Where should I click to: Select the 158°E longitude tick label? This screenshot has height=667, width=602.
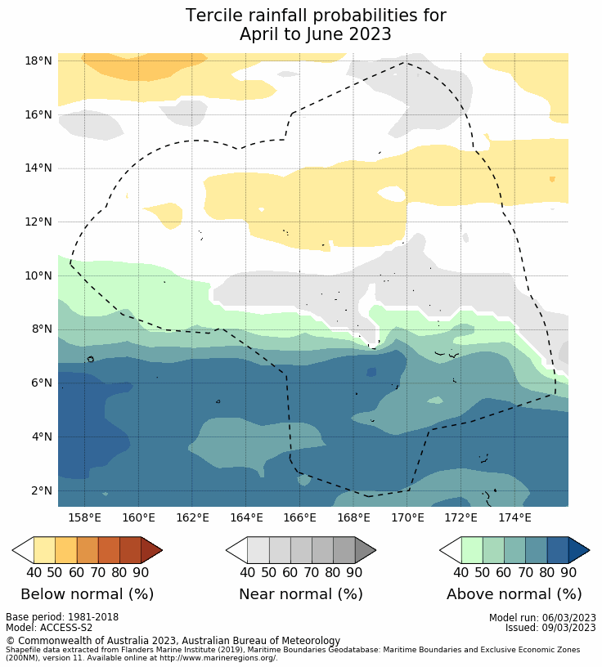[x=84, y=517]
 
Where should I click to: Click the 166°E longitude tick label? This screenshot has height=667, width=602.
[x=299, y=517]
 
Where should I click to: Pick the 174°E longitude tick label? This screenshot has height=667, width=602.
[x=514, y=517]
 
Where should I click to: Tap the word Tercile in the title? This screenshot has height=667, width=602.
[x=213, y=16]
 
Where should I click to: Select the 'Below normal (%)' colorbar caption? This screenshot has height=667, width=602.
[x=87, y=594]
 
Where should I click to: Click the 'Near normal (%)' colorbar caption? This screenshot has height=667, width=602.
[x=300, y=594]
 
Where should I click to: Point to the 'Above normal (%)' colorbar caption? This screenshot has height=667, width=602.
[x=514, y=594]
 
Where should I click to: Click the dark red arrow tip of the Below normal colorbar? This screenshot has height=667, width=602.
[x=151, y=550]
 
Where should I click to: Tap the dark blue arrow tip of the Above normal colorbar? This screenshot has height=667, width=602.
[x=578, y=550]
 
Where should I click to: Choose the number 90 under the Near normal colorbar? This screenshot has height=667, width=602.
[x=354, y=572]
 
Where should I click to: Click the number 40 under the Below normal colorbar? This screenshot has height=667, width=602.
[x=34, y=572]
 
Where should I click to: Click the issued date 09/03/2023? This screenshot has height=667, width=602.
[x=566, y=628]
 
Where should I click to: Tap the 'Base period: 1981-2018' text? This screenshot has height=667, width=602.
[x=62, y=618]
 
